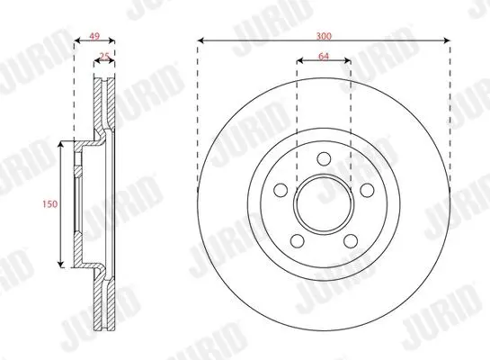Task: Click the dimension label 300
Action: coord(324,36)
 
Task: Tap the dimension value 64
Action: coord(324,57)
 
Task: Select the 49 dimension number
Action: coord(94,36)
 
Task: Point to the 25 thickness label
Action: coord(104,57)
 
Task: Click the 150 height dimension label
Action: coord(50,204)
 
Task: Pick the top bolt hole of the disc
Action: coord(324,158)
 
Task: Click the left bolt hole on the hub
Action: coord(281,190)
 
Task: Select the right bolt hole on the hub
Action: coord(367,190)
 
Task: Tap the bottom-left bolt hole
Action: coord(298,241)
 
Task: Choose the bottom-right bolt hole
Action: coord(351,241)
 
